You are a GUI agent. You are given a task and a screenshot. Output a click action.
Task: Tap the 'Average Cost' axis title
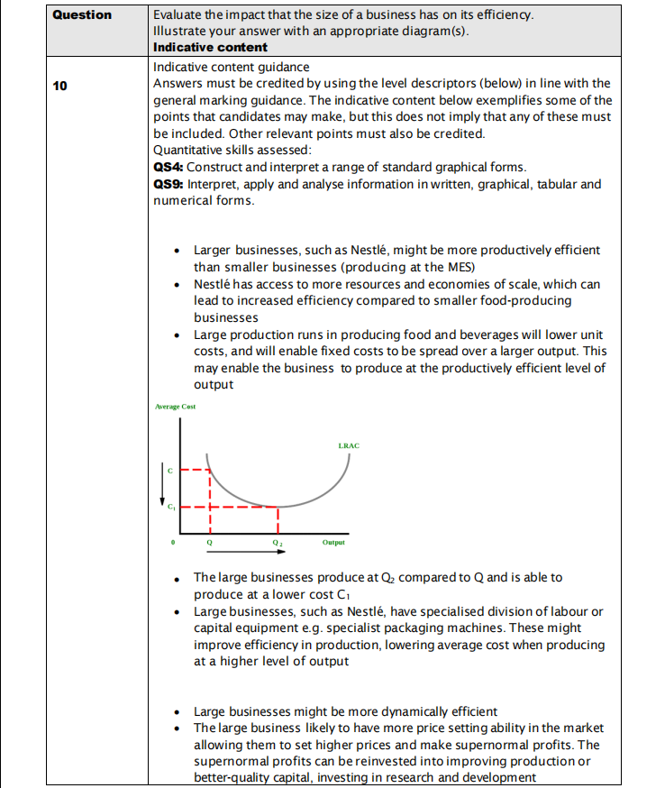pyautogui.click(x=175, y=407)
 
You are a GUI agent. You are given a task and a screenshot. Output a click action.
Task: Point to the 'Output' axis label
pyautogui.click(x=333, y=543)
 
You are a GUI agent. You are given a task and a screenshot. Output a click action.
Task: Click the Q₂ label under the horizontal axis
pyautogui.click(x=278, y=543)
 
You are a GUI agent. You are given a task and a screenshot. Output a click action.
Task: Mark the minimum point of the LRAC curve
pyautogui.click(x=277, y=507)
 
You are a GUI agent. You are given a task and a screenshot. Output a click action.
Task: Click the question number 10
pyautogui.click(x=59, y=86)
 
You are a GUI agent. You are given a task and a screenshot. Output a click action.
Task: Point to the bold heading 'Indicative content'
pyautogui.click(x=210, y=47)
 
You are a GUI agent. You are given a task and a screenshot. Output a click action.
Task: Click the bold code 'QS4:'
pyautogui.click(x=169, y=167)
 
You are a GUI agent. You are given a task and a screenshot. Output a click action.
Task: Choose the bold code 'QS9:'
pyautogui.click(x=169, y=184)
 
